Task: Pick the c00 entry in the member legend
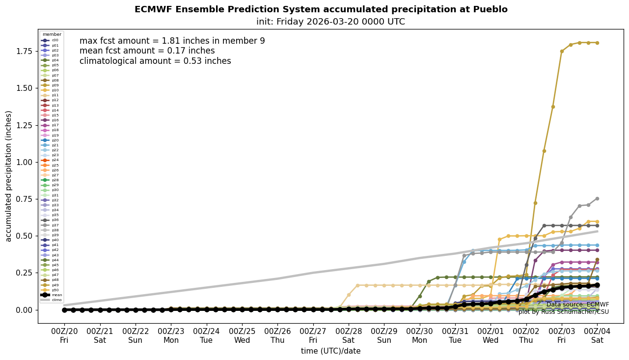50,40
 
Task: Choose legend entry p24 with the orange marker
50,160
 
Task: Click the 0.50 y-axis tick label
25,236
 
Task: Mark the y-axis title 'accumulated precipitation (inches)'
9,176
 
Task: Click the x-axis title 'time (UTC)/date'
330,351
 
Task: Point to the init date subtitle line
330,22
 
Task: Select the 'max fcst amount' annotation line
172,41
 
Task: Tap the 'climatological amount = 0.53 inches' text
155,61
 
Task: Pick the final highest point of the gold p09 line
597,43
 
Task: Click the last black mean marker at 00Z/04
597,285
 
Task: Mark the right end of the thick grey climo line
597,231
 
